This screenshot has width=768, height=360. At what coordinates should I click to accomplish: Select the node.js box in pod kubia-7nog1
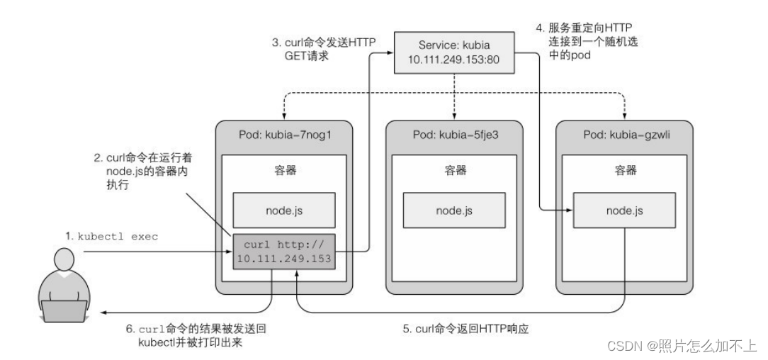(284, 210)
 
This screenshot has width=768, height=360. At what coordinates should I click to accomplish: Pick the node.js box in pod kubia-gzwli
(624, 210)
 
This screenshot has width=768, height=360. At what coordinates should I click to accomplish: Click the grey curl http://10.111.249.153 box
(284, 250)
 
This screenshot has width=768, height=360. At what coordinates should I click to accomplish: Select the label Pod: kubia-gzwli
(623, 135)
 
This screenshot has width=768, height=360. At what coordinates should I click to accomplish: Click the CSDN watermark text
(672, 346)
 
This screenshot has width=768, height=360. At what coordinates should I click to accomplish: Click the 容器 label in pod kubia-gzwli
(624, 170)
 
